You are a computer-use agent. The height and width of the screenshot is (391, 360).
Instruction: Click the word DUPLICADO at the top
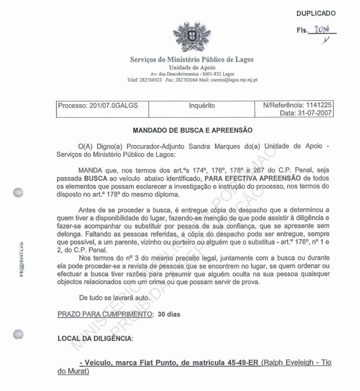coord(316,13)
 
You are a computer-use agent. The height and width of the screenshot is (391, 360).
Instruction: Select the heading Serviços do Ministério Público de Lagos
coord(192,60)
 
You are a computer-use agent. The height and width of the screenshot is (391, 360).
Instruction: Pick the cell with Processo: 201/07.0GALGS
coord(98,106)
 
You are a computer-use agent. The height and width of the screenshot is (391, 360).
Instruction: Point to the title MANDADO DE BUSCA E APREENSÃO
coord(192,130)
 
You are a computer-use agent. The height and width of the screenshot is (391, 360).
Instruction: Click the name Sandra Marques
coord(214,146)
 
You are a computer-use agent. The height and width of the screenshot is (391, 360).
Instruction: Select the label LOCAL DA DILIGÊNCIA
coord(95,339)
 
